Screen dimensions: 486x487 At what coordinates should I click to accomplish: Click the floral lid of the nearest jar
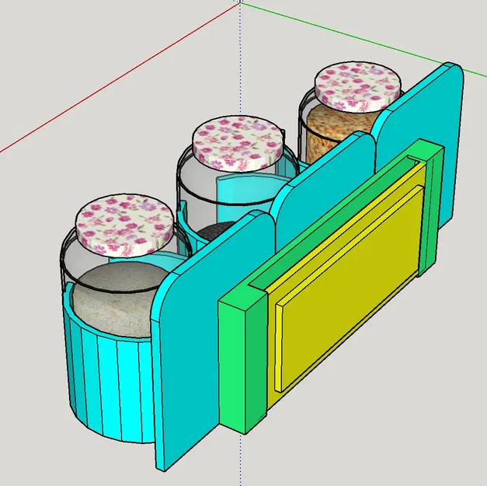coord(125,226)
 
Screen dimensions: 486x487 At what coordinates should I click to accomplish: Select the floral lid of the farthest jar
coord(358,84)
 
